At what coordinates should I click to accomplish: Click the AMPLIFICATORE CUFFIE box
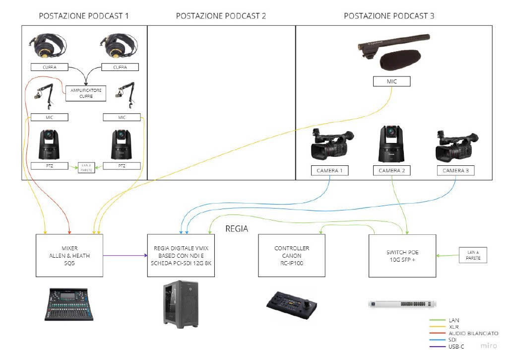86,93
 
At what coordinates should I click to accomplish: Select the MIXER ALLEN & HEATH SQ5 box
69,255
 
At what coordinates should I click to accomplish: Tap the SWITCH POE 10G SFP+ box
402,255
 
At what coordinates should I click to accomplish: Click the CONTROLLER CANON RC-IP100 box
292,255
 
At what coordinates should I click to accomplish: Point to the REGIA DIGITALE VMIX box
181,255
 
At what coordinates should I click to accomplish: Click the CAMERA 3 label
456,171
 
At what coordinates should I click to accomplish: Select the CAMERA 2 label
392,171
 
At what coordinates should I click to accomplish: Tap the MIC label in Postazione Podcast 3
391,81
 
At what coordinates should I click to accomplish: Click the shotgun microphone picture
394,50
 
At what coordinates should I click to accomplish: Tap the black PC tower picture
181,302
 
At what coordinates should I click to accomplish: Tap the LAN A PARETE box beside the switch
473,255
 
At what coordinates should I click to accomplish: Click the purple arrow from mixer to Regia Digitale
125,255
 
